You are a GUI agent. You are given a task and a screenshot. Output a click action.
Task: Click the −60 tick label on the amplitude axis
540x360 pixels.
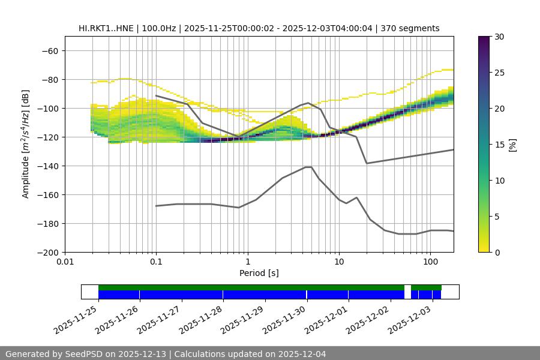(49, 50)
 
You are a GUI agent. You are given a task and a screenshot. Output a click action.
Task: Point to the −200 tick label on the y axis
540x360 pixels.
(46, 252)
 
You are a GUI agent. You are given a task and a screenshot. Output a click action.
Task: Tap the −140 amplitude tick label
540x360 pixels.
(46, 166)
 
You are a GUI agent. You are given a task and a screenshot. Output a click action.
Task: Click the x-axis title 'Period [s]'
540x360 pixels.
(259, 273)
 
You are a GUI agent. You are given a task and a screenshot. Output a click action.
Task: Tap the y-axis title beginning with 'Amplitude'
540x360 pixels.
(26, 144)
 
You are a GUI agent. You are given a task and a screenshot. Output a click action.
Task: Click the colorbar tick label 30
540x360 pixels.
(499, 37)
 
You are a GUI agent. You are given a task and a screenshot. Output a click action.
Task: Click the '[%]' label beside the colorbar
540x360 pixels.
(512, 145)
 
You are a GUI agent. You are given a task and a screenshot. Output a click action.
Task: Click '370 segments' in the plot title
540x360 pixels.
(411, 28)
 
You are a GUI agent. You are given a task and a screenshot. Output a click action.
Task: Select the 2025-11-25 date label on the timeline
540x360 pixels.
(76, 320)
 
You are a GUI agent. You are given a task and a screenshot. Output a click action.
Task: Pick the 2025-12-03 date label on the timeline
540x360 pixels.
(410, 320)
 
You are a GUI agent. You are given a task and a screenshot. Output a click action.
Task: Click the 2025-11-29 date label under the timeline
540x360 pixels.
(243, 320)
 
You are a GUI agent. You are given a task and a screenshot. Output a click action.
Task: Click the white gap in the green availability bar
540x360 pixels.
(407, 287)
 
